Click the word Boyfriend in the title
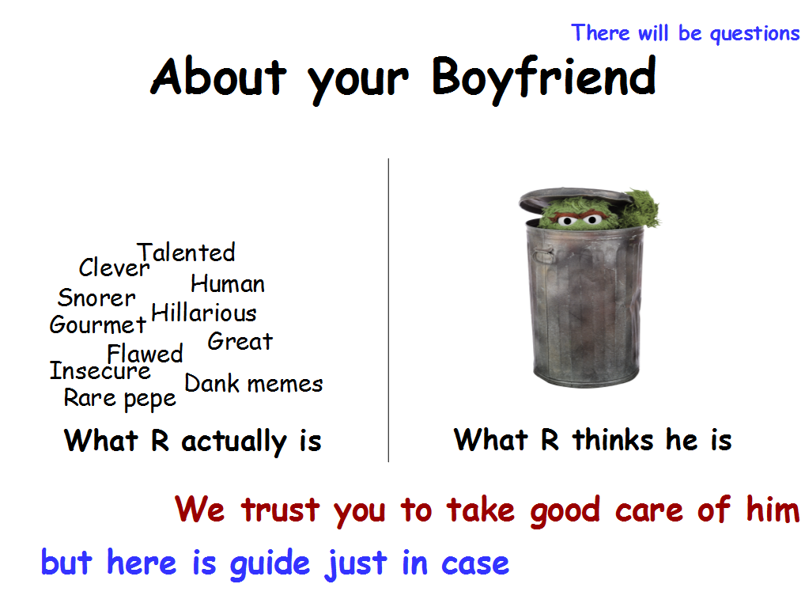tap(544, 78)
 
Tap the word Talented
tap(186, 252)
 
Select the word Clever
tap(114, 267)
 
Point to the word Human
tap(228, 283)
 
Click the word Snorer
tap(96, 298)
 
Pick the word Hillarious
tap(204, 313)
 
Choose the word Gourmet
tap(98, 324)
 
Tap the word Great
tap(240, 341)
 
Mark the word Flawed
tap(145, 354)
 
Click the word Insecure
tap(100, 370)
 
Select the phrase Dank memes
tap(254, 384)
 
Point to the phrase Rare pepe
tap(120, 399)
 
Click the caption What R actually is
tap(193, 442)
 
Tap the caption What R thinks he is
tap(593, 440)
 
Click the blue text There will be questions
tap(686, 34)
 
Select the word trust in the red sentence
tap(281, 510)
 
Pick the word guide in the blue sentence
tap(270, 564)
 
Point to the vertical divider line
tap(388, 310)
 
